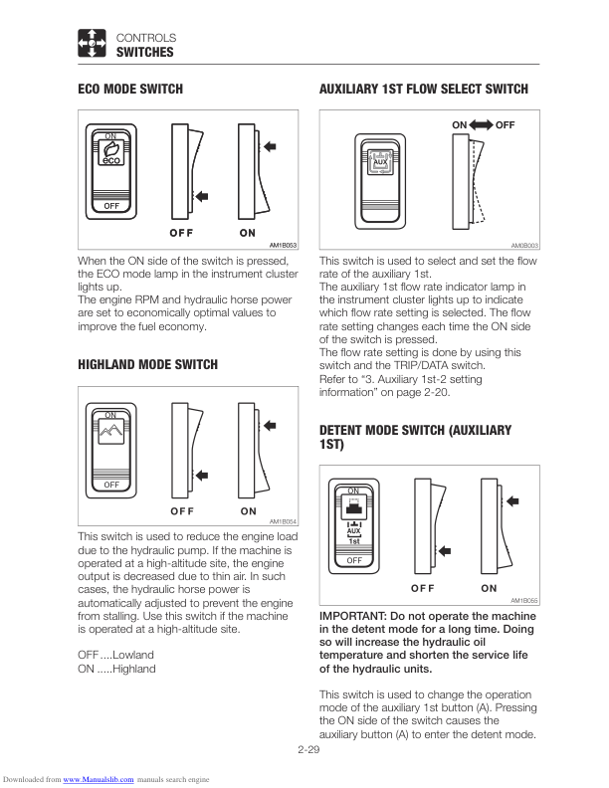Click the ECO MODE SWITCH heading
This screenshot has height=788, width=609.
point(130,90)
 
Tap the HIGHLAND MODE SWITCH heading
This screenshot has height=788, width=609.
point(147,365)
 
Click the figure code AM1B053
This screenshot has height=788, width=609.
point(284,244)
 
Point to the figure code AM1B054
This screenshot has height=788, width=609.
point(284,520)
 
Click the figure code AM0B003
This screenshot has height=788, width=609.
point(524,244)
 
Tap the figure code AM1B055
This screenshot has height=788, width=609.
point(524,600)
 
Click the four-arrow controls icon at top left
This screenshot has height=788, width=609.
point(92,45)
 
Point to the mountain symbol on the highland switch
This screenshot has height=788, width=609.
point(111,434)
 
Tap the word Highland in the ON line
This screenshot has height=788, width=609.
point(134,669)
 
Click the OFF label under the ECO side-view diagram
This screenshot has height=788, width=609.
point(180,232)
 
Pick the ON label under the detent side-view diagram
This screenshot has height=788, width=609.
point(489,588)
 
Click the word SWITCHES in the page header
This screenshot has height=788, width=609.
point(145,53)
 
